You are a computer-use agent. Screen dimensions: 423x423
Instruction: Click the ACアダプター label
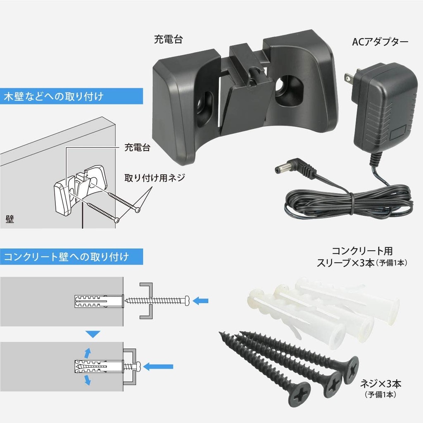380,42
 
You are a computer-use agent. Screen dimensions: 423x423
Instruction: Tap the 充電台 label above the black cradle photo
169,39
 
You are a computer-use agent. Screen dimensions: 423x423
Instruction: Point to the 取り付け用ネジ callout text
154,178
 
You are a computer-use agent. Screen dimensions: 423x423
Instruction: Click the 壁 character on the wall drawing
10,219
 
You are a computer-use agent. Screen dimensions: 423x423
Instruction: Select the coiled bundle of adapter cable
348,202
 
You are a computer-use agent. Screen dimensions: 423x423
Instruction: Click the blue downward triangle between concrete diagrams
93,334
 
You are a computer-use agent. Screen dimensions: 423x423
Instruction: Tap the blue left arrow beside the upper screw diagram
200,300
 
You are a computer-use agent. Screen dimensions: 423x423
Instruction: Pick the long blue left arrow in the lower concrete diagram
158,367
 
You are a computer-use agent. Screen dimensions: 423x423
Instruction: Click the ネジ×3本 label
380,384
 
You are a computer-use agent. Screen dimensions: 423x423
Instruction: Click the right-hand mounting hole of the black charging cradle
288,90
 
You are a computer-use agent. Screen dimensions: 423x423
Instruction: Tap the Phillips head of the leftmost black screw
299,395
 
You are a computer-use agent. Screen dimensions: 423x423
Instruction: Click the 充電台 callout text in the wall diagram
137,147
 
